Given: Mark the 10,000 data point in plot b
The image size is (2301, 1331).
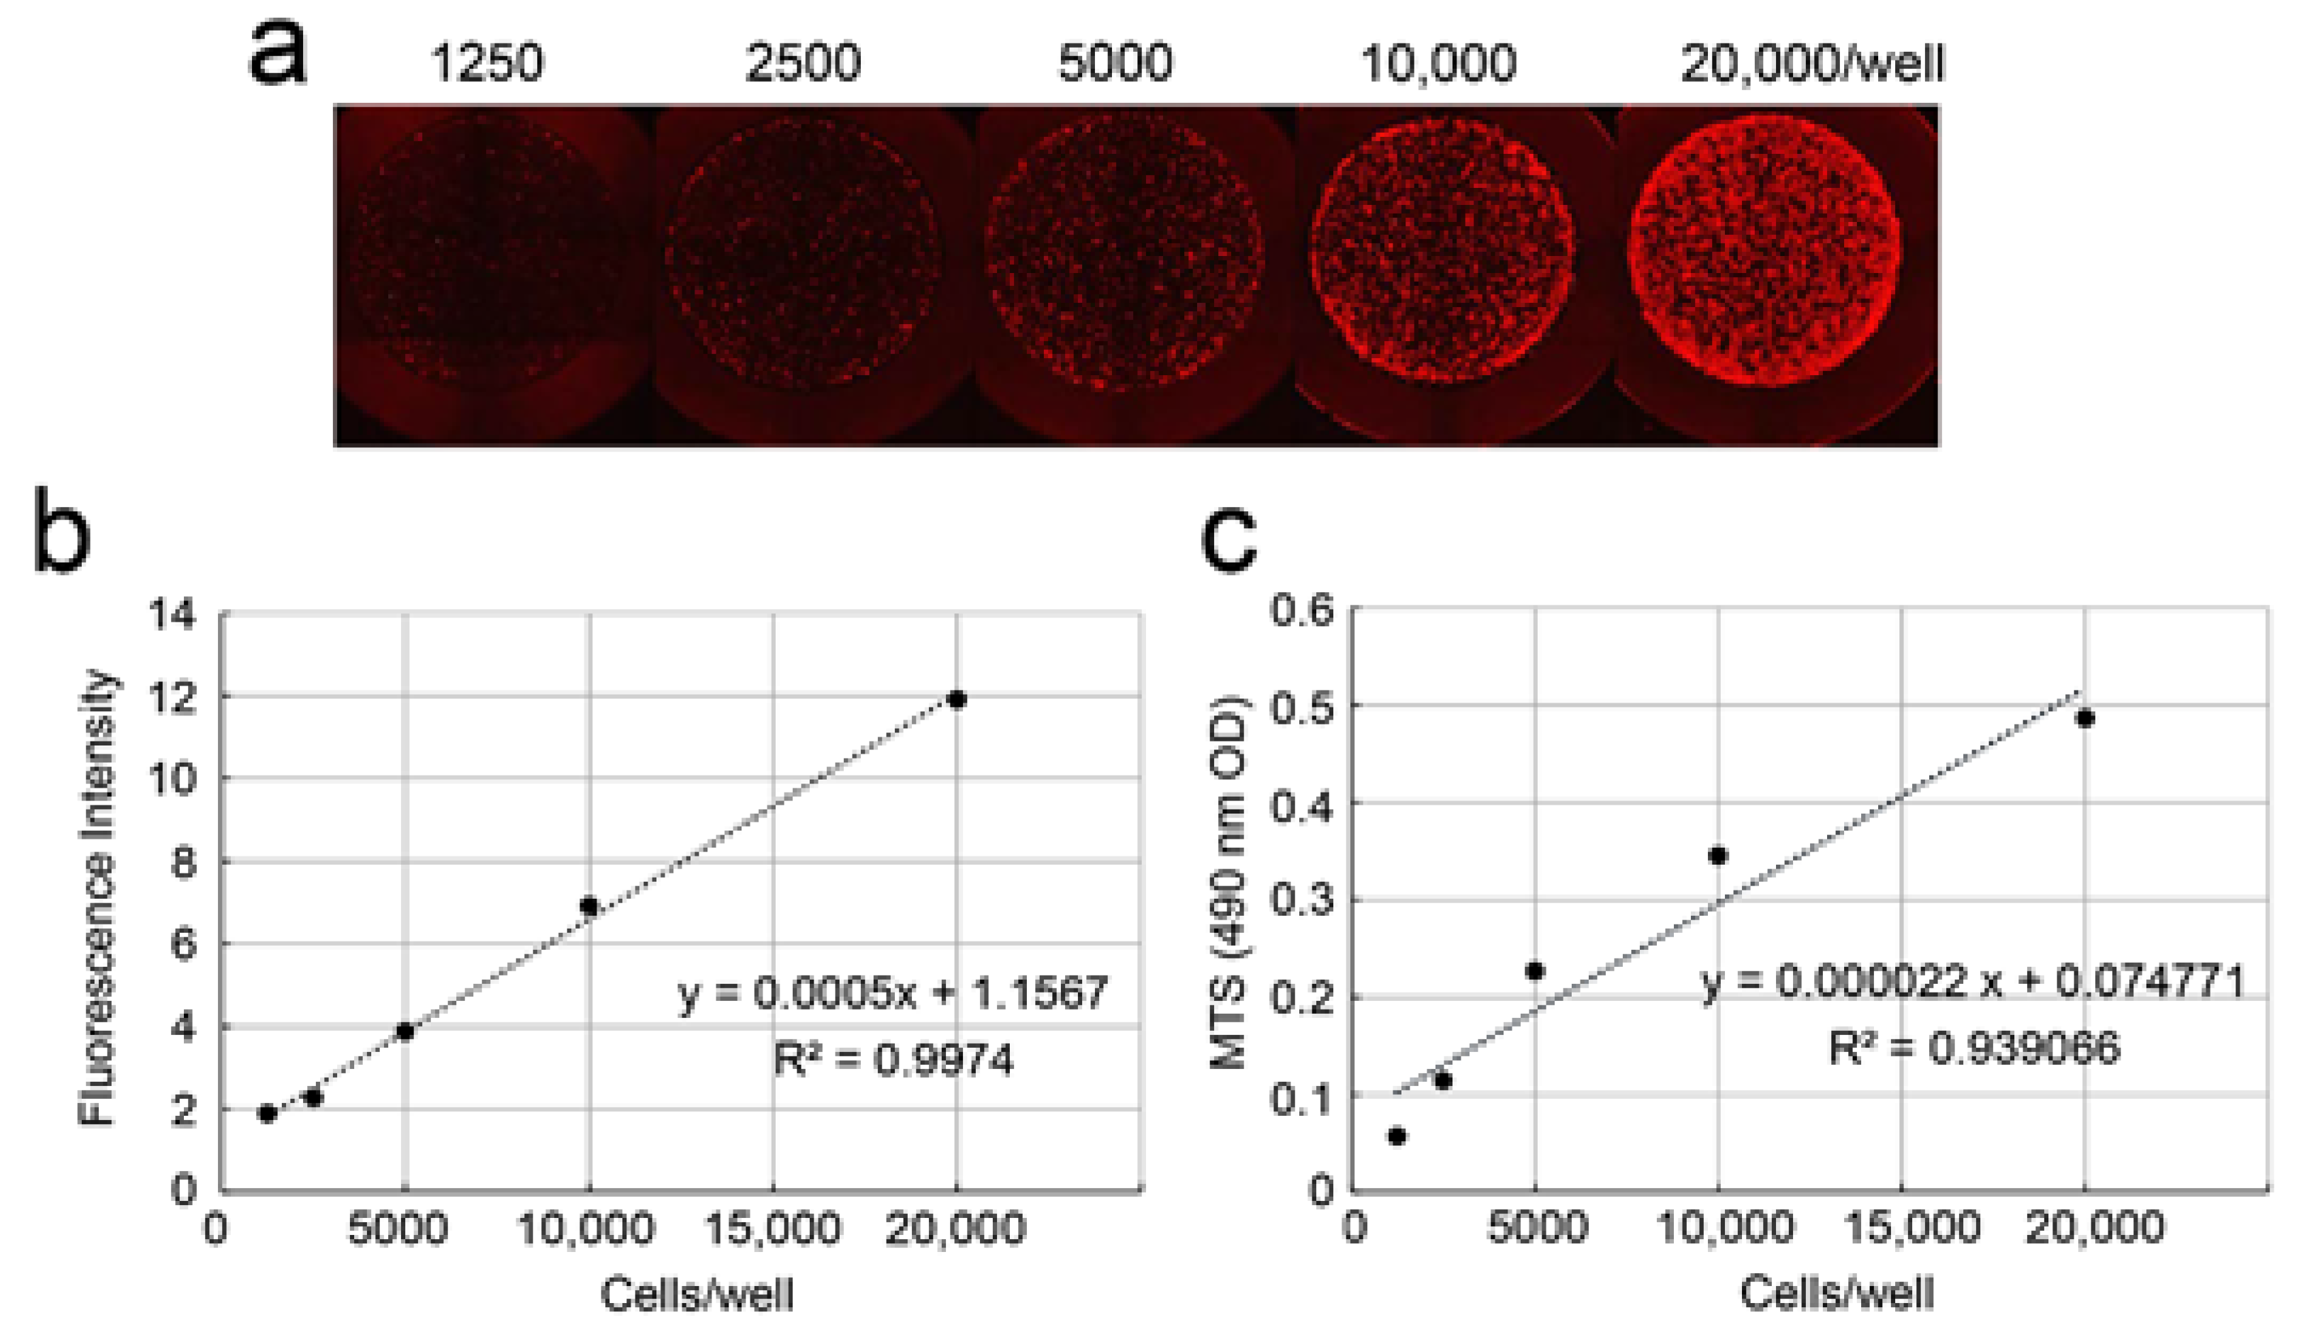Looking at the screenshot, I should tap(589, 906).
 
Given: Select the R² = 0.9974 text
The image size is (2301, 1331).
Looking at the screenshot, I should tap(893, 1060).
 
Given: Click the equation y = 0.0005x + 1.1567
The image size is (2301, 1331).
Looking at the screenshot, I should tap(893, 993).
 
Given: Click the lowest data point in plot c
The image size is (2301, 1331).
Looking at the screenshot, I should tap(1396, 1136).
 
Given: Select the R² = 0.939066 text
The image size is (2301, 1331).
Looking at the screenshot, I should tap(1974, 1048).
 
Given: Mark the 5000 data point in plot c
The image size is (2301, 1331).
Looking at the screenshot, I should tap(1535, 970).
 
